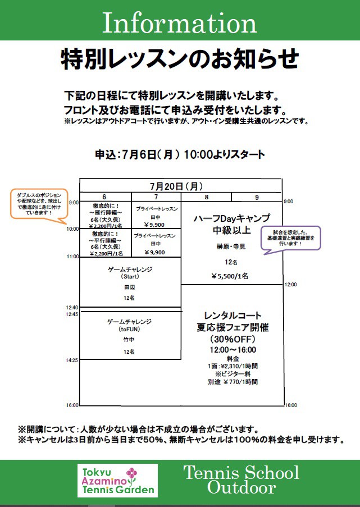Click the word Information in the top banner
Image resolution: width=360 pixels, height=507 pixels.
180,22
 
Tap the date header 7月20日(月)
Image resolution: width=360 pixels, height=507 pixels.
176,186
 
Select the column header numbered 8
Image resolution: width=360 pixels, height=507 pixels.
206,197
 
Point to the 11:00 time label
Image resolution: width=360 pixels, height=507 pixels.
73,256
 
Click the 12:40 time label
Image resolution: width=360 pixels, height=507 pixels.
73,307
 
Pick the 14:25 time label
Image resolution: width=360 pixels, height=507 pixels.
73,360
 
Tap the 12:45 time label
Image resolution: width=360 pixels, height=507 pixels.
73,314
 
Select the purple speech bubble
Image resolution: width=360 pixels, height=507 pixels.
290,237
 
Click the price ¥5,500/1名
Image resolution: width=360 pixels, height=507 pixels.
230,276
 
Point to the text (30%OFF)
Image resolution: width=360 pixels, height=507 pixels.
233,339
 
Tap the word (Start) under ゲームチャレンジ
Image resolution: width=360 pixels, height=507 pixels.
129,277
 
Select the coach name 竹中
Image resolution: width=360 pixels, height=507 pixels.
129,340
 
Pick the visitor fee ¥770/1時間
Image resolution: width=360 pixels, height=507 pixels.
233,382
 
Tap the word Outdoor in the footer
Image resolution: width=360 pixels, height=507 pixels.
241,487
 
